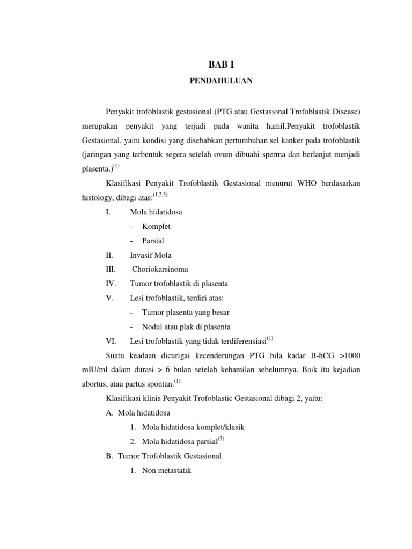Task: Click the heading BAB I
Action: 221,65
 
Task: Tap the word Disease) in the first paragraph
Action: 341,112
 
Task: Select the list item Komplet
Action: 156,227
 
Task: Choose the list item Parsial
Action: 153,241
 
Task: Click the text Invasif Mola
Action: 151,255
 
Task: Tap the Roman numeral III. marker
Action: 111,269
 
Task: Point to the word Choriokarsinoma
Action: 160,269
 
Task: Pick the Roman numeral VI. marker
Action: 111,341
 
